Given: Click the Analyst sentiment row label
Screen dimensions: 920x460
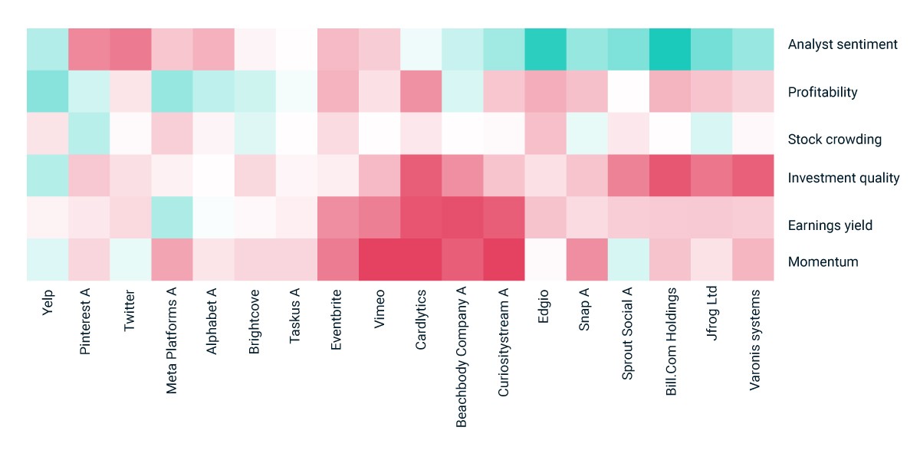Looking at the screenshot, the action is pyautogui.click(x=843, y=44).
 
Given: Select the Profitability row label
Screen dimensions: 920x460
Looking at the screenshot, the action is pyautogui.click(x=823, y=92).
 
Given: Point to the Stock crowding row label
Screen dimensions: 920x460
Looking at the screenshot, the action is pyautogui.click(x=835, y=140).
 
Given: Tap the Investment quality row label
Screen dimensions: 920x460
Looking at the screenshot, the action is pyautogui.click(x=843, y=178).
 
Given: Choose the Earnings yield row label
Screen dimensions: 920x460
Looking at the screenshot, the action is pyautogui.click(x=830, y=225).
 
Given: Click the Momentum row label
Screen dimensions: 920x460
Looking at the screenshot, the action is pyautogui.click(x=823, y=261).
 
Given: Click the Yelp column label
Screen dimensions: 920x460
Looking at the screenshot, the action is pyautogui.click(x=48, y=303).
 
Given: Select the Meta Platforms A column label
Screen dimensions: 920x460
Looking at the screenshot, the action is pyautogui.click(x=171, y=341).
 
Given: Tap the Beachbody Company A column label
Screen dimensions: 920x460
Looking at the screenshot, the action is pyautogui.click(x=462, y=357).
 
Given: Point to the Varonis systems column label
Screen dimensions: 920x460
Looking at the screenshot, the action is pyautogui.click(x=754, y=340).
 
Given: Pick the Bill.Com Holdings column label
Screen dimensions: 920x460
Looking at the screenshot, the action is pyautogui.click(x=671, y=342).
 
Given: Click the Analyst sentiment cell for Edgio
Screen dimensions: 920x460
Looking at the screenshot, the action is pyautogui.click(x=545, y=49).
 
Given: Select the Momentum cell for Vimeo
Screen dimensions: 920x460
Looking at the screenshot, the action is pyautogui.click(x=379, y=260).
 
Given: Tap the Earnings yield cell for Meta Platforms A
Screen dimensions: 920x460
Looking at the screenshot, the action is pyautogui.click(x=172, y=217).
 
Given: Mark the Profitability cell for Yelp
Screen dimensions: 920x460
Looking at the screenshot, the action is pyautogui.click(x=48, y=91).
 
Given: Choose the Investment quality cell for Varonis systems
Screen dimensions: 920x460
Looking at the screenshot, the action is pyautogui.click(x=753, y=176).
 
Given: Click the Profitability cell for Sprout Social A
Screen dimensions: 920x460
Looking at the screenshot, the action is pyautogui.click(x=629, y=91).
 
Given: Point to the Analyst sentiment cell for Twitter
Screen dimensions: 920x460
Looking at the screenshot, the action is pyautogui.click(x=130, y=49).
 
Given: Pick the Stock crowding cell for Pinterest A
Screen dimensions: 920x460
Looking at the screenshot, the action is pyautogui.click(x=89, y=133).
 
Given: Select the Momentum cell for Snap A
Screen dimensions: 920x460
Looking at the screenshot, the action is pyautogui.click(x=587, y=260).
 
